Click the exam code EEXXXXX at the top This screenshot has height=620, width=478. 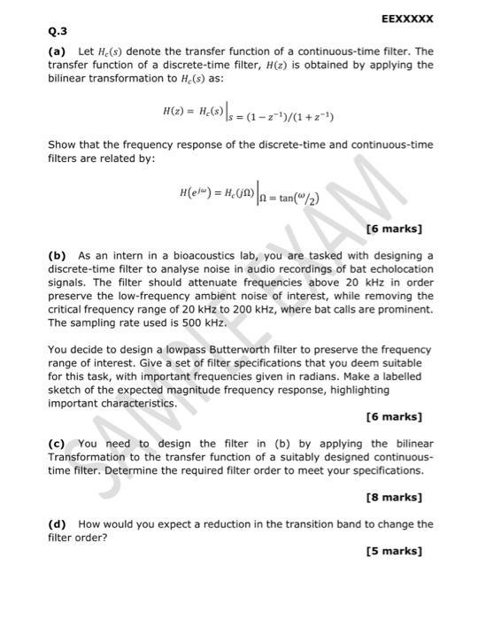coord(406,19)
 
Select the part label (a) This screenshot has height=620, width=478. coord(58,52)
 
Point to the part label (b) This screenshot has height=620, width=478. coord(58,256)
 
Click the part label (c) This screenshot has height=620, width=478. coord(58,444)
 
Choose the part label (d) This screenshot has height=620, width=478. coord(58,524)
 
